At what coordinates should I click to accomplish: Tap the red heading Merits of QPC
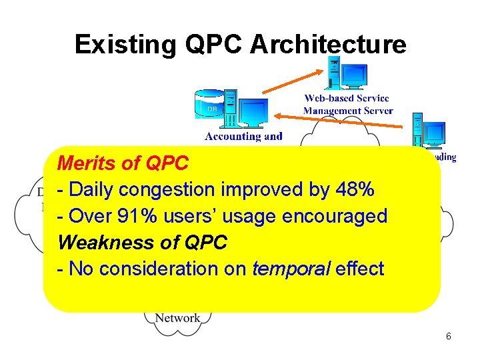[123, 163]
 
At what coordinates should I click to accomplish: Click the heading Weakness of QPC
[143, 243]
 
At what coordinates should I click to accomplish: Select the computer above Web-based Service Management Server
[345, 73]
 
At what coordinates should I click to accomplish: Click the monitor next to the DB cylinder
[253, 112]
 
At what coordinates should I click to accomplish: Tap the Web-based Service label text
[347, 99]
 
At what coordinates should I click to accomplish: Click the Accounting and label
[243, 136]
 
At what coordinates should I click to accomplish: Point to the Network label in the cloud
[177, 318]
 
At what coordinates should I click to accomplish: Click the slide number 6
[448, 336]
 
